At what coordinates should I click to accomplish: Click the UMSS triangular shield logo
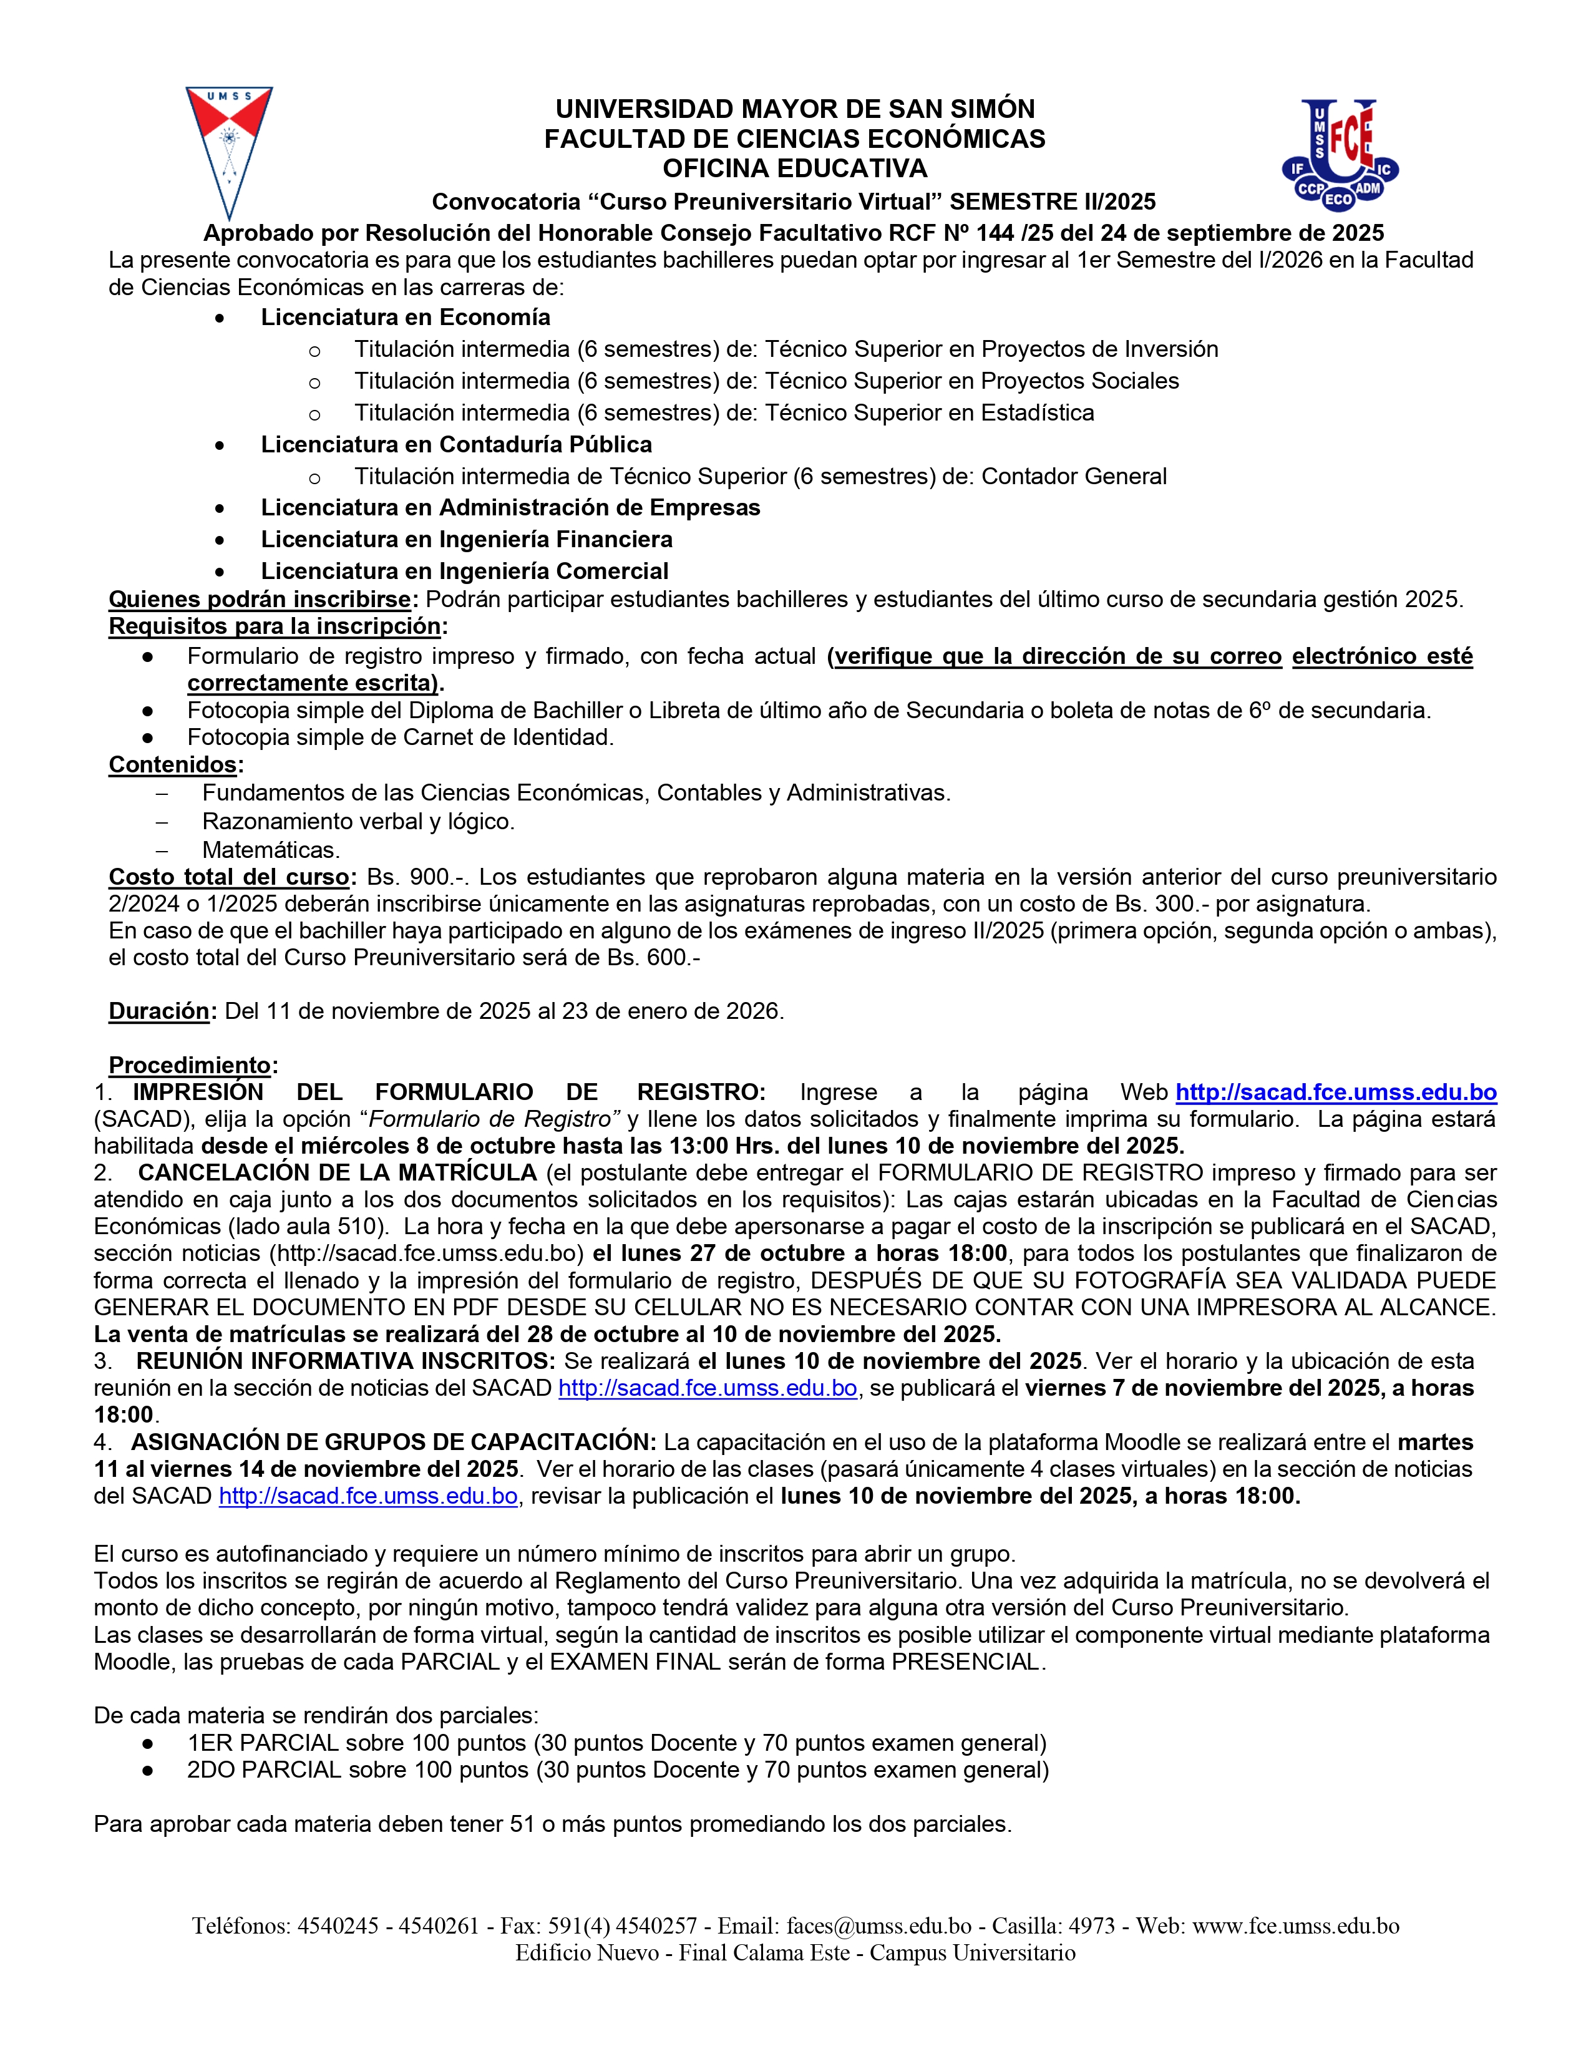pos(229,151)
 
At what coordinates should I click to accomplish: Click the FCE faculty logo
pos(1340,153)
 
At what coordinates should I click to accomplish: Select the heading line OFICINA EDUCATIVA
pos(794,168)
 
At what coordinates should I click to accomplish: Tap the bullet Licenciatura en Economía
pos(406,318)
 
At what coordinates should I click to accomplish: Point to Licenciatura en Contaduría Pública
pos(456,445)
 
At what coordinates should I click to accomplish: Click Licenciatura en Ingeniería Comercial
pos(465,572)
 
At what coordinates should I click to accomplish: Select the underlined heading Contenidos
pos(172,764)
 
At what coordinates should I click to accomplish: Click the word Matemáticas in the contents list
pos(271,850)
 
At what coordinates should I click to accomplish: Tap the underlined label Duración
pos(158,1011)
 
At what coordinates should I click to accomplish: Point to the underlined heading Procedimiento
pos(190,1065)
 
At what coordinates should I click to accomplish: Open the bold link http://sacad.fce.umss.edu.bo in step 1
pos(1336,1093)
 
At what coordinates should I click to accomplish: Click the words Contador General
pos(1074,477)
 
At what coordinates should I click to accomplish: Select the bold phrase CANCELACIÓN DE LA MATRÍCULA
pos(336,1173)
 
